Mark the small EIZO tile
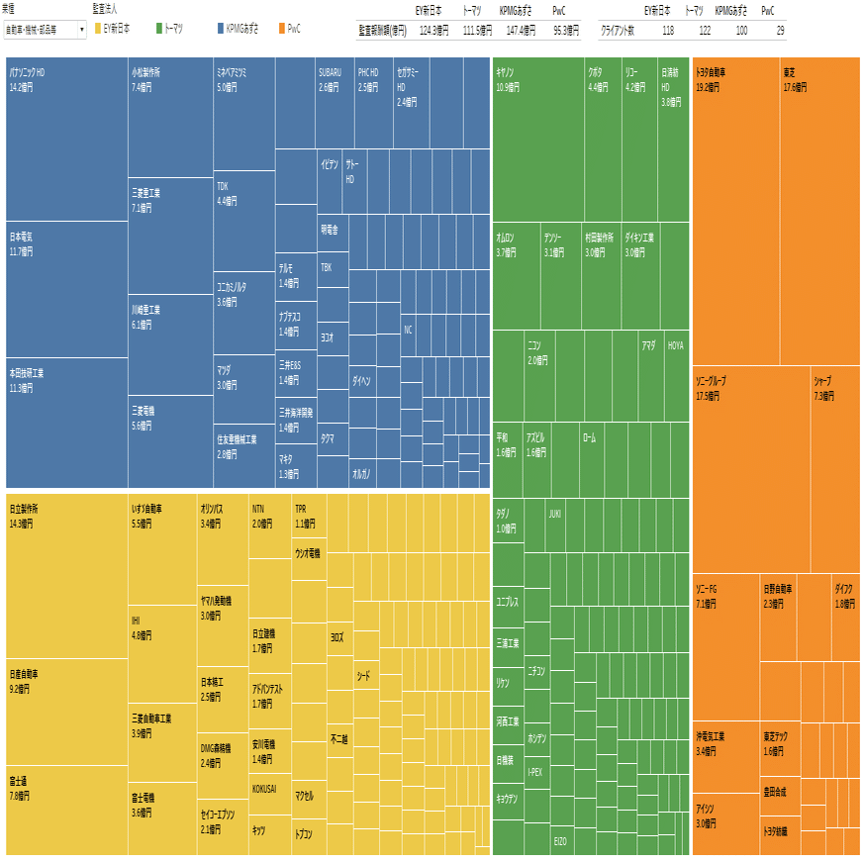point(561,840)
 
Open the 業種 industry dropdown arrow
point(81,30)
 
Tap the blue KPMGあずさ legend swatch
point(221,30)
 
